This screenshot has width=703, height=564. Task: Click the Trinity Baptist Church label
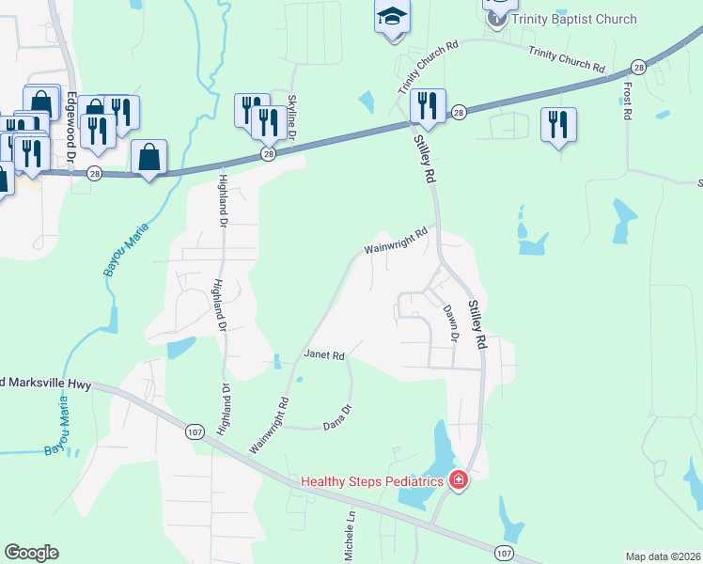coord(575,19)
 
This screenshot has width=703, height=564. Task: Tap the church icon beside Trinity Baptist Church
coord(497,17)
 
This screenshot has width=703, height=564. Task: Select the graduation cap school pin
coord(392,16)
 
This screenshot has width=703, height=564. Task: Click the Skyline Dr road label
coord(292,117)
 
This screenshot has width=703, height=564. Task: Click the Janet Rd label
coord(325,355)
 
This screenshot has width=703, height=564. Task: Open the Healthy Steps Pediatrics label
coord(371,481)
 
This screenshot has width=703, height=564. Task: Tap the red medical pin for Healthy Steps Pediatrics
coord(459,481)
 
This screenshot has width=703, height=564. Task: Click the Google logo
coord(31,552)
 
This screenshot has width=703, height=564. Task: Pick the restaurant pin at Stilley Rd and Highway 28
coord(428,106)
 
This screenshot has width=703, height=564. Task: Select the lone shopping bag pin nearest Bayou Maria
coord(149,157)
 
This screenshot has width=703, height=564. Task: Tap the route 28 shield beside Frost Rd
coord(638,67)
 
